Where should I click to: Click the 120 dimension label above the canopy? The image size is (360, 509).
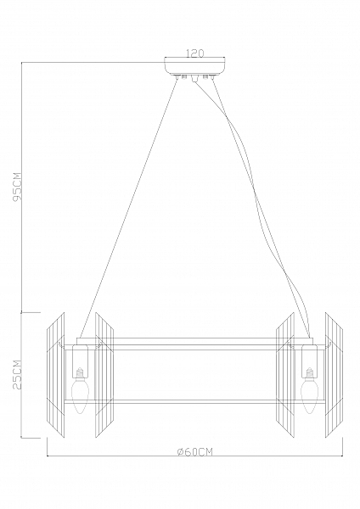(x=195, y=53)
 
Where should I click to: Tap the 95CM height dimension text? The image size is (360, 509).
(x=17, y=186)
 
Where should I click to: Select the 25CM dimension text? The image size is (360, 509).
(x=17, y=374)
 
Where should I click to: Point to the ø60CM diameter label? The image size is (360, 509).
(x=195, y=452)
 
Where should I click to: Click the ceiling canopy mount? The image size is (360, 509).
(x=195, y=66)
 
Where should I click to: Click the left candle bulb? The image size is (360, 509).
(x=79, y=391)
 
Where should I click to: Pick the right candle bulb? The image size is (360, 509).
(x=308, y=391)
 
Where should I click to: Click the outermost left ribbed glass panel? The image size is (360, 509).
(x=56, y=375)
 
